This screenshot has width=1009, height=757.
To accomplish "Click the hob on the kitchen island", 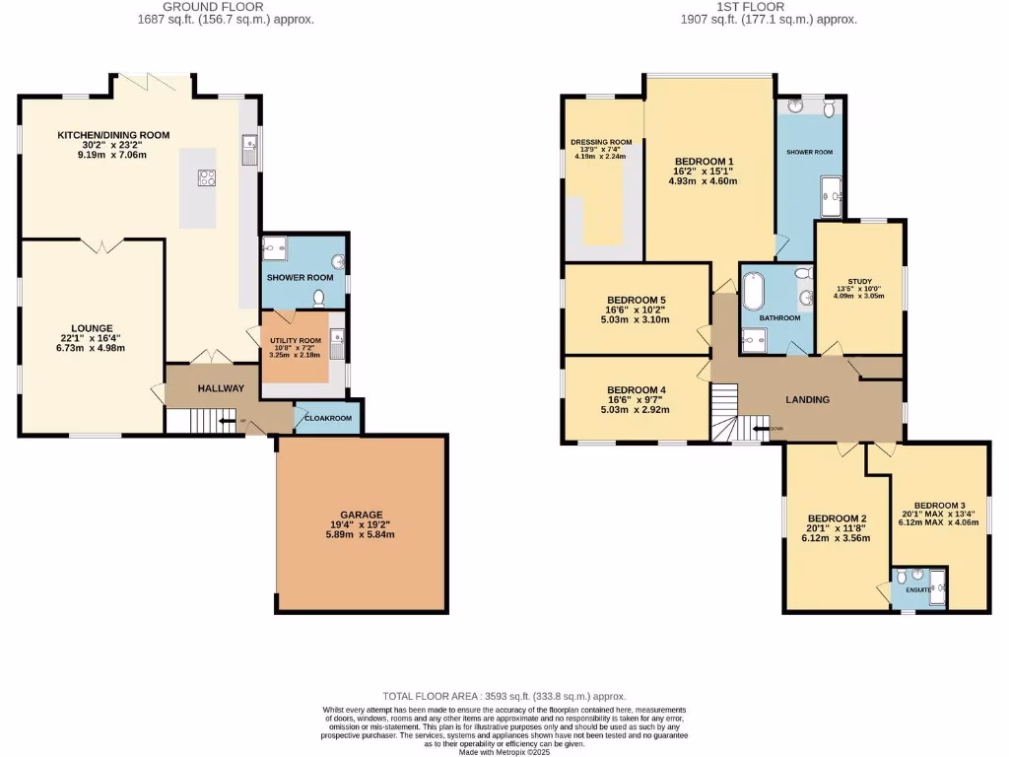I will [x=208, y=177].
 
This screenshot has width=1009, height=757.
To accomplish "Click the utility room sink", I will [x=337, y=342].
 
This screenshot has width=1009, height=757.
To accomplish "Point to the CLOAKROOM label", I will [x=327, y=418].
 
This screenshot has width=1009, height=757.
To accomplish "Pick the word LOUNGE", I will [x=91, y=328].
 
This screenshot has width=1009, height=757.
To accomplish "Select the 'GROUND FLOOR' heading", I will [x=226, y=6].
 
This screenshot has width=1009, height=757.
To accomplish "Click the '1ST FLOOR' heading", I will [x=768, y=6].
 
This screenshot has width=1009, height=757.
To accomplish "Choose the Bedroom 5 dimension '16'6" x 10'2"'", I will [x=638, y=310].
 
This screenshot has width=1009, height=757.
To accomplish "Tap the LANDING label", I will [x=806, y=399].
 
